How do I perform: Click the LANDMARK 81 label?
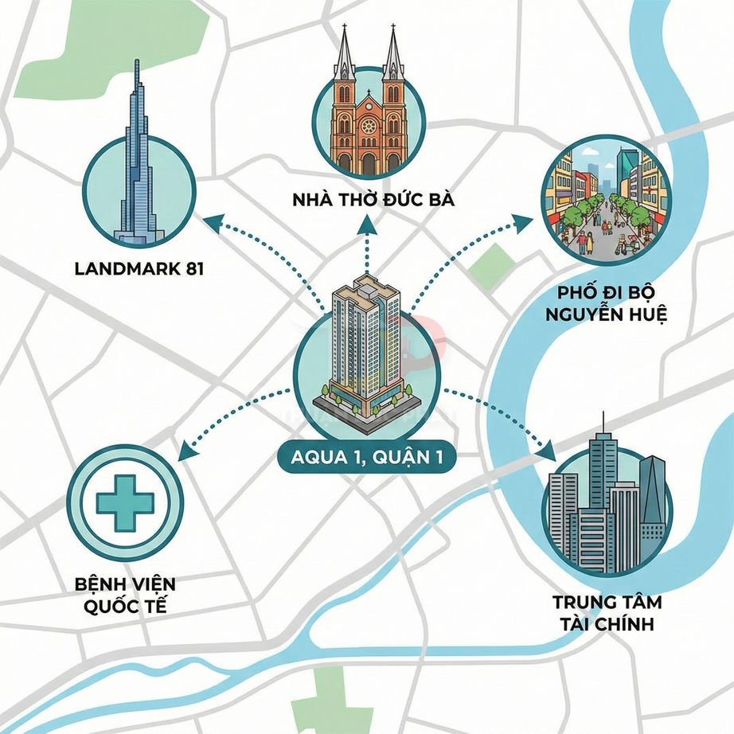[139, 268]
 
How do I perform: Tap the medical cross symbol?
[126, 502]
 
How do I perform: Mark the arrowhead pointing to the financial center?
[549, 451]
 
